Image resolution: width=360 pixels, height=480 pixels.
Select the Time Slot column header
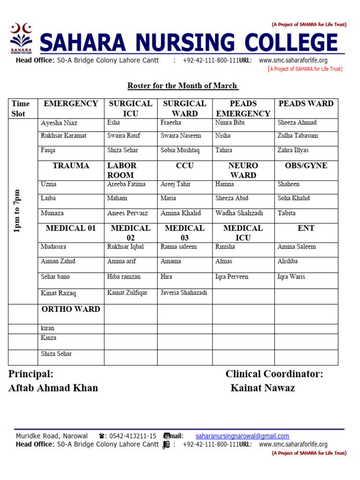click(x=21, y=108)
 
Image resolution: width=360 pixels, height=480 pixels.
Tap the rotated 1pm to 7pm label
click(x=17, y=211)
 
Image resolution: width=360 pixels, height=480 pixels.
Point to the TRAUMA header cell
click(x=71, y=166)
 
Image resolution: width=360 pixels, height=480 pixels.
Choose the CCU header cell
click(x=185, y=166)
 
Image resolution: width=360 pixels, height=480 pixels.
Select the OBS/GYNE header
click(x=306, y=166)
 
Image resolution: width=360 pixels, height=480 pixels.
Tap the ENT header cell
click(x=306, y=228)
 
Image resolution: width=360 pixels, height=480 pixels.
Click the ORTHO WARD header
click(x=71, y=309)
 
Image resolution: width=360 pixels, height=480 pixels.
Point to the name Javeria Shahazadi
click(x=184, y=293)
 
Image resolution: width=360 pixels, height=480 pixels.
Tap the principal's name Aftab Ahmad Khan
click(x=53, y=388)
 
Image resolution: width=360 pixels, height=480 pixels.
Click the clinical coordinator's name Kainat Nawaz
click(x=262, y=388)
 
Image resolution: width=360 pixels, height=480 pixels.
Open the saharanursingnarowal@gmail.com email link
click(x=242, y=436)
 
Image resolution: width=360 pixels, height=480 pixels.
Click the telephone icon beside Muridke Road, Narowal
click(x=102, y=436)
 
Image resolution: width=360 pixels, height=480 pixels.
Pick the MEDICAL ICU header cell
click(x=243, y=232)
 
